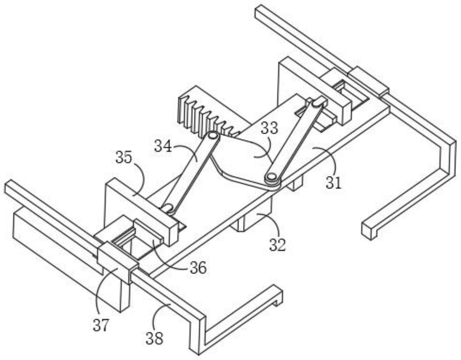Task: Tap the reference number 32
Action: point(277,245)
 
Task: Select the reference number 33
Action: point(269,128)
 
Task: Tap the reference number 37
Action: point(100,326)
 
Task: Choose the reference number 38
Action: point(154,338)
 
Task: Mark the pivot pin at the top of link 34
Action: point(213,136)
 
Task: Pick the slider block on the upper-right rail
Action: point(368,79)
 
